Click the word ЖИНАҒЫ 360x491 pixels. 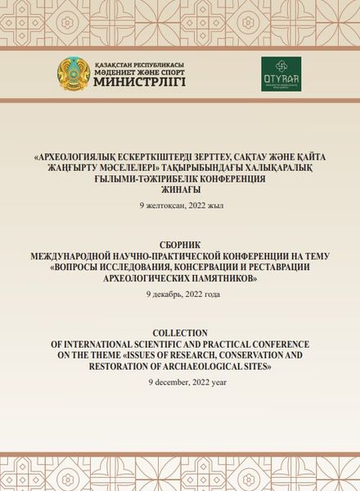point(179,188)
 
